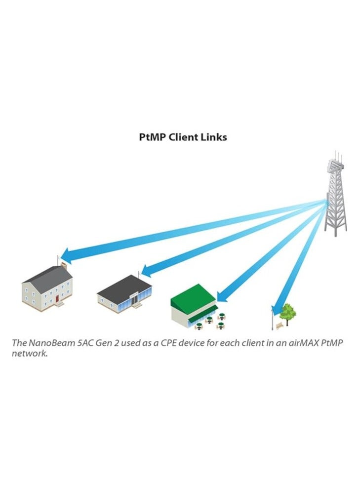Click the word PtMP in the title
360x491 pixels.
pyautogui.click(x=152, y=137)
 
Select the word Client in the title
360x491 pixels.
pyautogui.click(x=184, y=137)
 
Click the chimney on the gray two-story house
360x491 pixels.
pyautogui.click(x=63, y=267)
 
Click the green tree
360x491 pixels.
pyautogui.click(x=287, y=312)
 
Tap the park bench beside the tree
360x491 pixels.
pyautogui.click(x=280, y=325)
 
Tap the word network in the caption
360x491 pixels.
pyautogui.click(x=30, y=354)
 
